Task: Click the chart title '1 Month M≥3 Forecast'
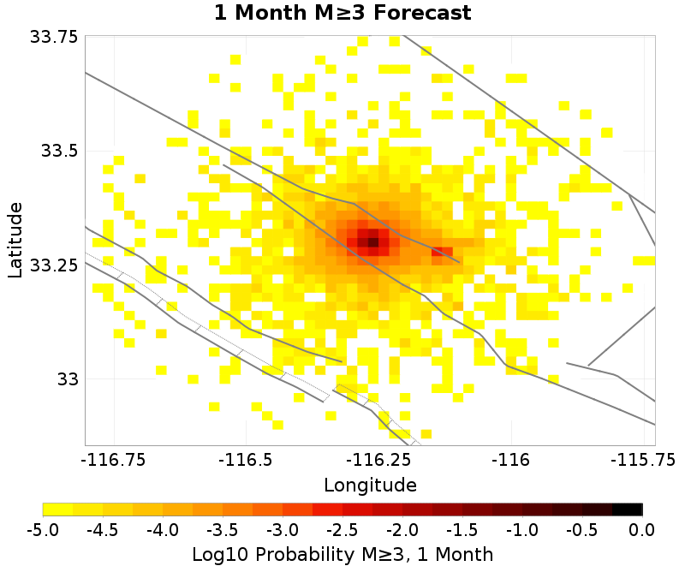pos(342,13)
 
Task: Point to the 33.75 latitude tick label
pos(54,38)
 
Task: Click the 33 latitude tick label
pos(66,378)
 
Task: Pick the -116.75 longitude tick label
pos(113,460)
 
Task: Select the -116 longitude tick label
pos(511,460)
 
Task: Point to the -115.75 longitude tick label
pos(637,460)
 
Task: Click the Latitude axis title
pos(15,240)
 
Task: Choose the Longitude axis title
pos(370,486)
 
